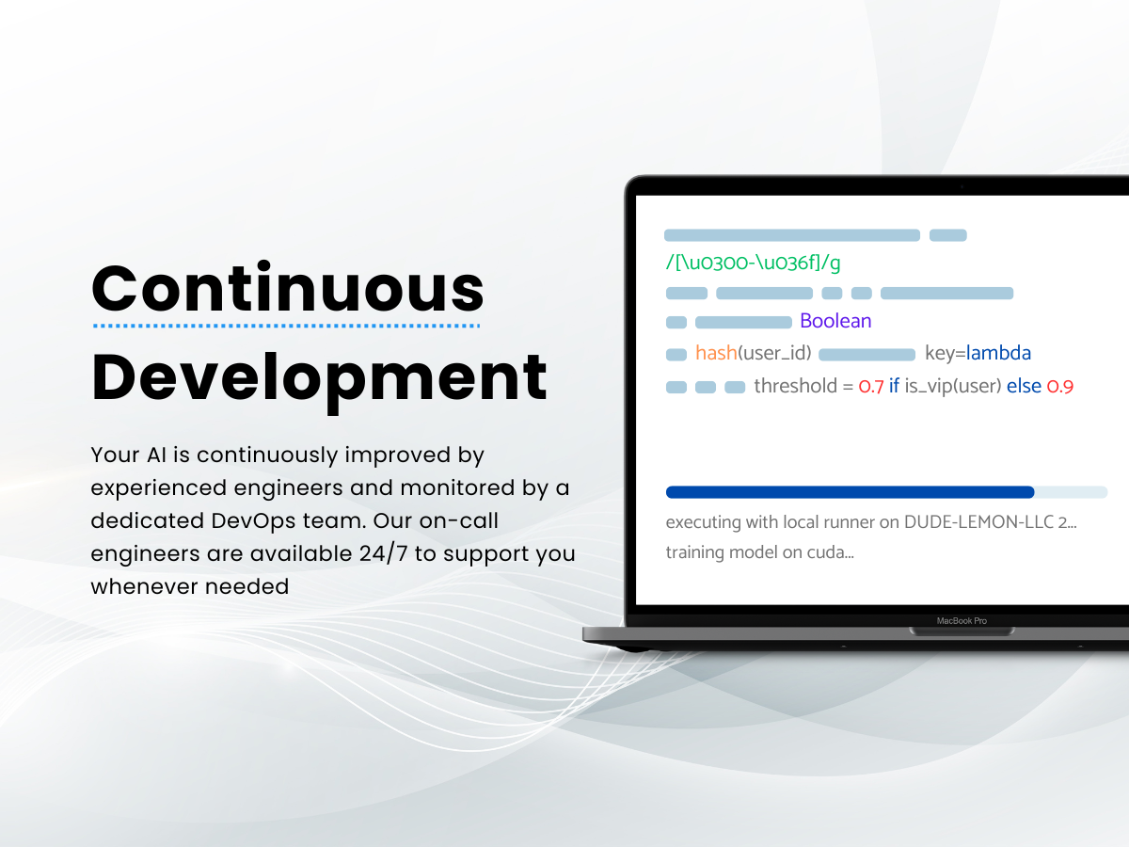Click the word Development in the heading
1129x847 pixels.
[319, 379]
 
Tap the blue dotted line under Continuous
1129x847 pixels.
[287, 326]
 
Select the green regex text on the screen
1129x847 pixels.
[753, 263]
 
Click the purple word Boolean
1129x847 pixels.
[835, 321]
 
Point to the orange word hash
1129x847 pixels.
[716, 353]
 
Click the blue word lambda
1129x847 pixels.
[998, 353]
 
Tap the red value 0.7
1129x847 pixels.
[871, 386]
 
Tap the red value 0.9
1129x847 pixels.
[1060, 386]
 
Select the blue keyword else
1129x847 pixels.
[1024, 386]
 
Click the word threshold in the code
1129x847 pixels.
[796, 386]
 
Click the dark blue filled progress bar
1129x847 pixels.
[850, 492]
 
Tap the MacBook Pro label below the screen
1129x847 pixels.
[962, 621]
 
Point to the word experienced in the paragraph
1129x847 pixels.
[158, 488]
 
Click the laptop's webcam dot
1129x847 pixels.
[962, 186]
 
